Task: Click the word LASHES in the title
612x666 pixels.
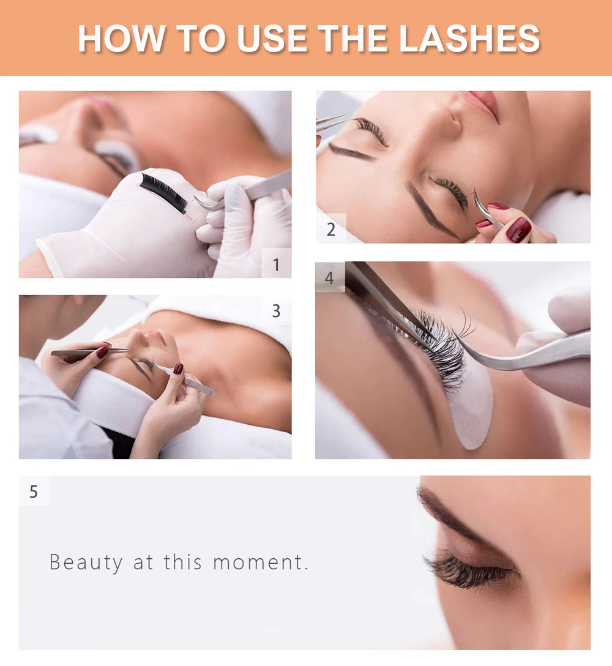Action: (x=469, y=39)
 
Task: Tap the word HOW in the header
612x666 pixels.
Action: (x=121, y=39)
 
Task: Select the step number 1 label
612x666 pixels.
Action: (x=277, y=264)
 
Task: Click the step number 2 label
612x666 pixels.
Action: (x=331, y=230)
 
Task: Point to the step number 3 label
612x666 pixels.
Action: (x=276, y=311)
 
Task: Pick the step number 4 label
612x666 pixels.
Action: (x=329, y=278)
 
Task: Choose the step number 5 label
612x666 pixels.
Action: (x=34, y=492)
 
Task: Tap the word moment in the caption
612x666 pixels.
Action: (x=258, y=563)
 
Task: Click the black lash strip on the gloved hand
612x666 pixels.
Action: (x=163, y=192)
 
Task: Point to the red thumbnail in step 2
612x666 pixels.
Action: (x=519, y=229)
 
